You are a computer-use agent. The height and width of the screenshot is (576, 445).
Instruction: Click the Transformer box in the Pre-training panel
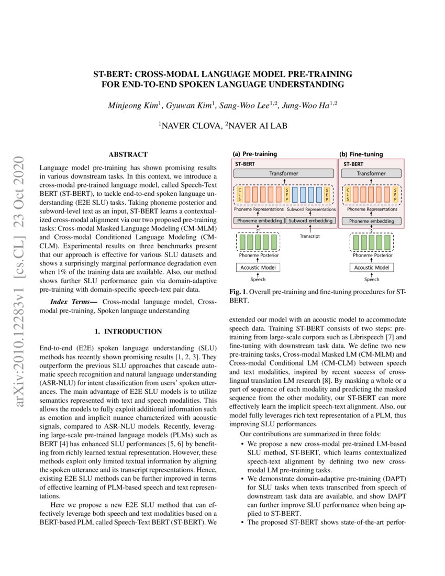click(x=284, y=173)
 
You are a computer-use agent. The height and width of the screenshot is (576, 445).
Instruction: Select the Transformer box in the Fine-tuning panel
click(x=371, y=173)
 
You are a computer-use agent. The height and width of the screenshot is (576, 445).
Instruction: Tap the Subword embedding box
click(x=310, y=221)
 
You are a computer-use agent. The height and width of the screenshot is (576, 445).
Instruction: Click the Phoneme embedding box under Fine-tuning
click(x=371, y=221)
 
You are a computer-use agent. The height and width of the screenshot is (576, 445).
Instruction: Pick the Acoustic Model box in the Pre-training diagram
click(x=258, y=268)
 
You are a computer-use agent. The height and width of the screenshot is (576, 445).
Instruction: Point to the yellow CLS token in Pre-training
click(x=240, y=195)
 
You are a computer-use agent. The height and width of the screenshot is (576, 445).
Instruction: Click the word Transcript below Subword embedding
click(x=310, y=236)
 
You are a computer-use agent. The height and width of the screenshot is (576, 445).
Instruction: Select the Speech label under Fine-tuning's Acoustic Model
click(x=371, y=280)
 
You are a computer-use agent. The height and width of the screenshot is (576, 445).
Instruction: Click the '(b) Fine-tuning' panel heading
click(x=362, y=154)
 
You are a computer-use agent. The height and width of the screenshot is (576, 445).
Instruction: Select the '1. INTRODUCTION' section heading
click(x=128, y=331)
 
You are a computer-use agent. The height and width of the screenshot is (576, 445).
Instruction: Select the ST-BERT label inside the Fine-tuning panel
click(x=354, y=163)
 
